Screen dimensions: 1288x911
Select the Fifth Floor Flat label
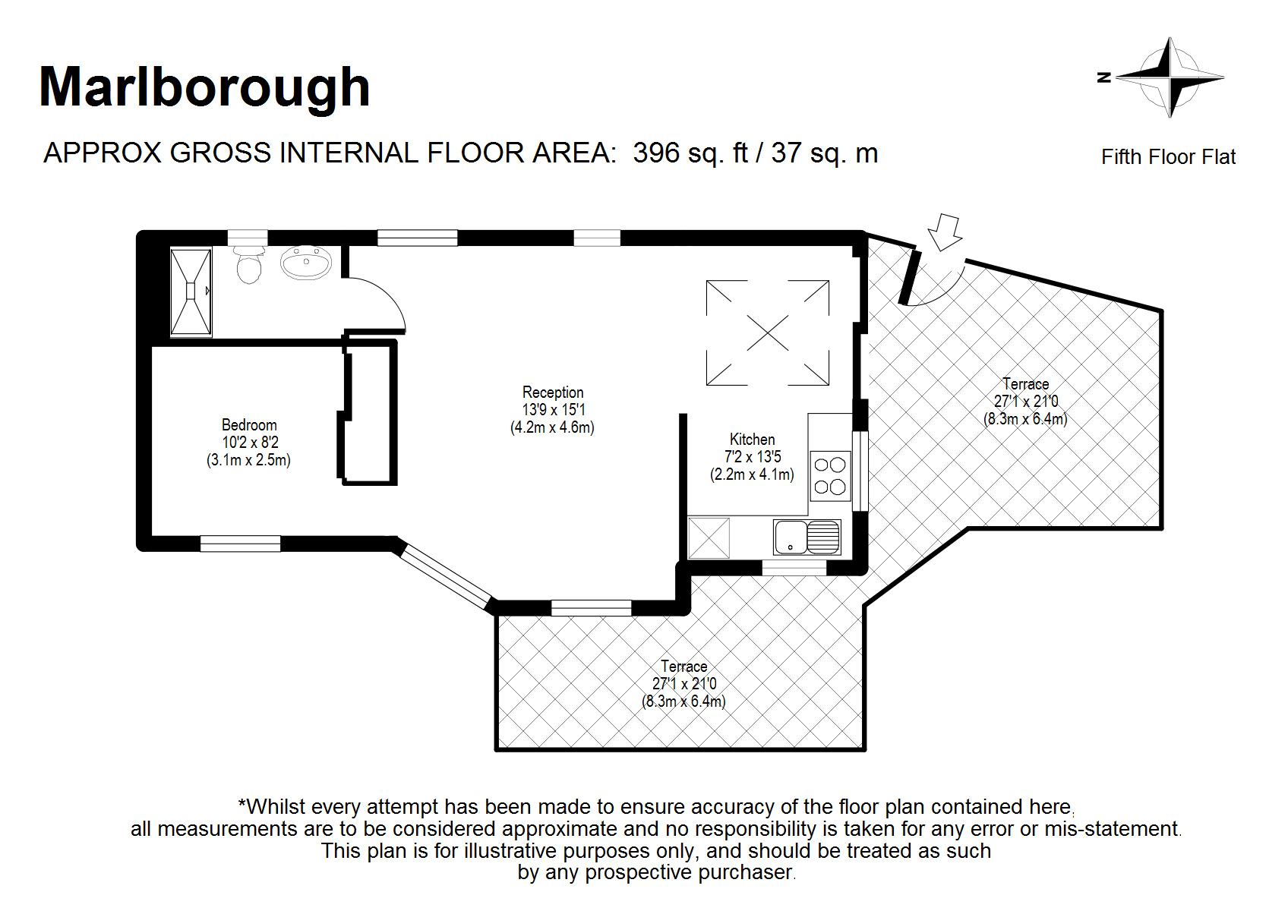[x=1168, y=157]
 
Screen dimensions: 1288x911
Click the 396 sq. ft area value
[x=690, y=153]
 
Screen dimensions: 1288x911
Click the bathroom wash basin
[x=306, y=263]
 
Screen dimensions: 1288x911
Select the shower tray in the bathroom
[x=191, y=292]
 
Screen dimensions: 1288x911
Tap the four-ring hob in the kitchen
[x=830, y=476]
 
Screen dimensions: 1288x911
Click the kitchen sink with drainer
[x=807, y=537]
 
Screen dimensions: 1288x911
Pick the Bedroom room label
[x=249, y=425]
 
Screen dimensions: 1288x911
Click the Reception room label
[x=553, y=392]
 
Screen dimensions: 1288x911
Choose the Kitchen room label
[x=752, y=440]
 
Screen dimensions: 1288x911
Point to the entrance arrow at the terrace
[x=944, y=232]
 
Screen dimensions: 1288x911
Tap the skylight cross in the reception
[x=768, y=333]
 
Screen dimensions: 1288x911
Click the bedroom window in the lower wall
[x=240, y=544]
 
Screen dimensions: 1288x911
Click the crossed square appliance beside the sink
[x=709, y=538]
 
